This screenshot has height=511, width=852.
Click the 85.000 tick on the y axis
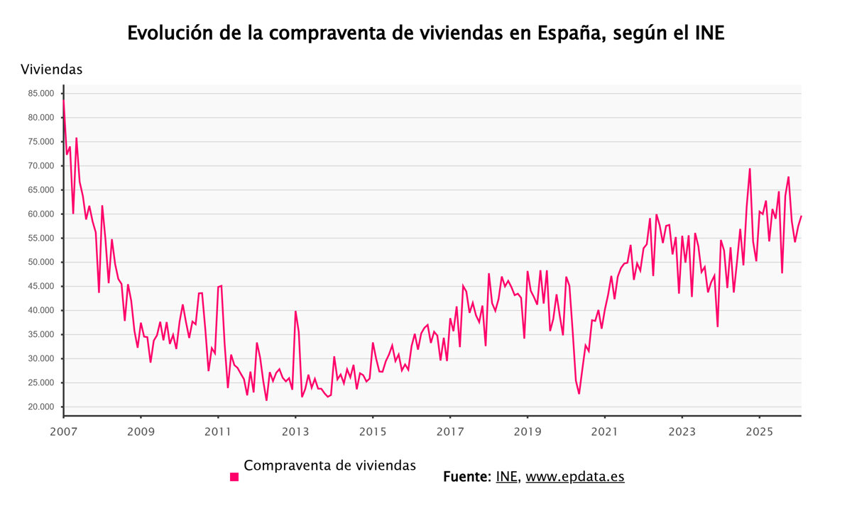pyautogui.click(x=40, y=94)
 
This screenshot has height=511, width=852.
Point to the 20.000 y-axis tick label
pyautogui.click(x=40, y=407)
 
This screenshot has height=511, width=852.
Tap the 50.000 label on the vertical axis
pyautogui.click(x=40, y=263)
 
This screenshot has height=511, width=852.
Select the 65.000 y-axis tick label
pyautogui.click(x=40, y=190)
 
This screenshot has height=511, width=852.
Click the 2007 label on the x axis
pyautogui.click(x=63, y=431)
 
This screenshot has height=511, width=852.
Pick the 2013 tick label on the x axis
pyautogui.click(x=295, y=431)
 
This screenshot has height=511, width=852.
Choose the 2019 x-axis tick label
pyautogui.click(x=528, y=431)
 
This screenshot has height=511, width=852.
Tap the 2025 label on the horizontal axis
pyautogui.click(x=760, y=431)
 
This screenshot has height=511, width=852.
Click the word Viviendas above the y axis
pyautogui.click(x=52, y=70)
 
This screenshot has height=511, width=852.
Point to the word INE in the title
pyautogui.click(x=709, y=33)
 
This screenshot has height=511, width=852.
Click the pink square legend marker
pyautogui.click(x=234, y=477)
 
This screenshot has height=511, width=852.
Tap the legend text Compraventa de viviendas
pyautogui.click(x=329, y=466)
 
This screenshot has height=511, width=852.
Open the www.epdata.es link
pyautogui.click(x=575, y=477)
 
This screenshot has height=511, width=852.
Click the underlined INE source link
pyautogui.click(x=507, y=477)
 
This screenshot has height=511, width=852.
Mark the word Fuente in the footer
pyautogui.click(x=466, y=477)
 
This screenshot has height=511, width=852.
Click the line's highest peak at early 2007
pyautogui.click(x=64, y=99)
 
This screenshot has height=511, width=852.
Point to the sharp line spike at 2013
pyautogui.click(x=295, y=312)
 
